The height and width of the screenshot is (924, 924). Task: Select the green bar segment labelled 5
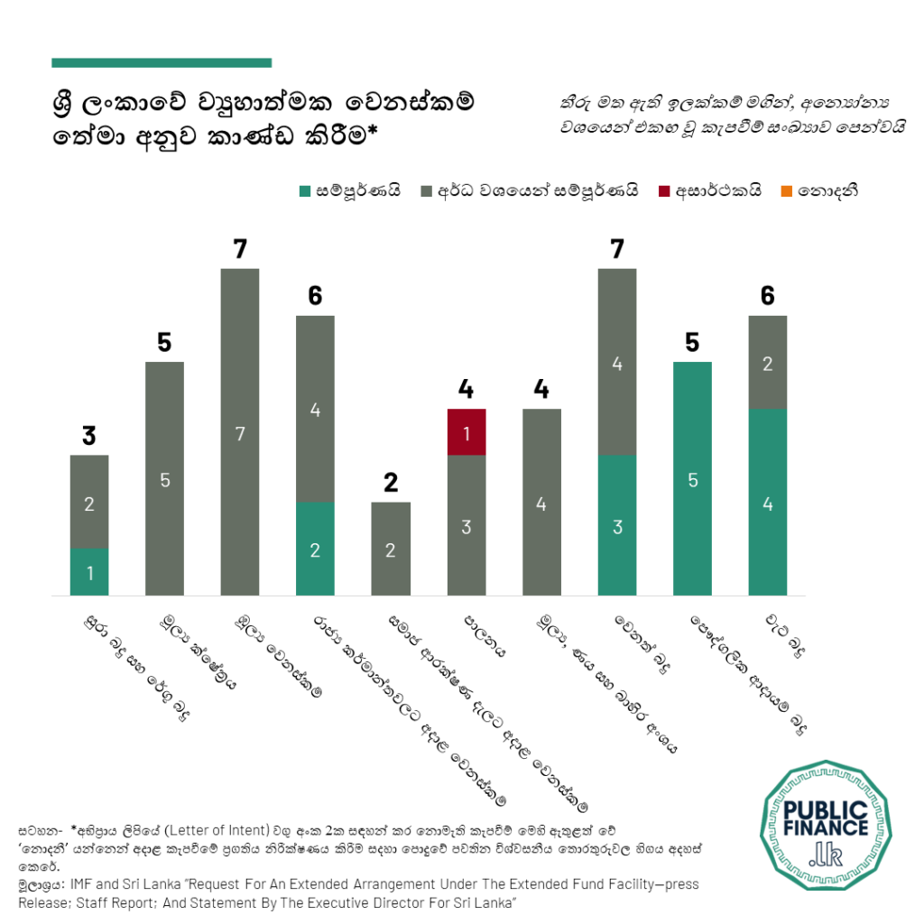(x=692, y=479)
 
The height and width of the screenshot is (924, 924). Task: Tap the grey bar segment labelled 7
(x=240, y=432)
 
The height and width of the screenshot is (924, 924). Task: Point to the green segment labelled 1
(x=89, y=572)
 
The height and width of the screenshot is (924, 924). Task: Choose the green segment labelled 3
(x=617, y=526)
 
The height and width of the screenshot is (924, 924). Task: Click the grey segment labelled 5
(x=164, y=479)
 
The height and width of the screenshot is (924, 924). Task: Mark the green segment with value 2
(x=315, y=550)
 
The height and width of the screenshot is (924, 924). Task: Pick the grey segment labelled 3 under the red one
(x=467, y=526)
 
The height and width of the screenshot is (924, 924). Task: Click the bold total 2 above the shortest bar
(x=391, y=483)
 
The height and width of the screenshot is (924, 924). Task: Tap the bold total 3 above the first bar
(x=88, y=437)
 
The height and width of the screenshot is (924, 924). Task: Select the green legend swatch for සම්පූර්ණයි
(x=305, y=190)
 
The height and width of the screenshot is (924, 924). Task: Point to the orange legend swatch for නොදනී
(x=786, y=190)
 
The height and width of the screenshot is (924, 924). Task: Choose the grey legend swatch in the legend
(x=427, y=190)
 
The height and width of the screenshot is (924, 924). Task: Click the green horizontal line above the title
(x=162, y=63)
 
